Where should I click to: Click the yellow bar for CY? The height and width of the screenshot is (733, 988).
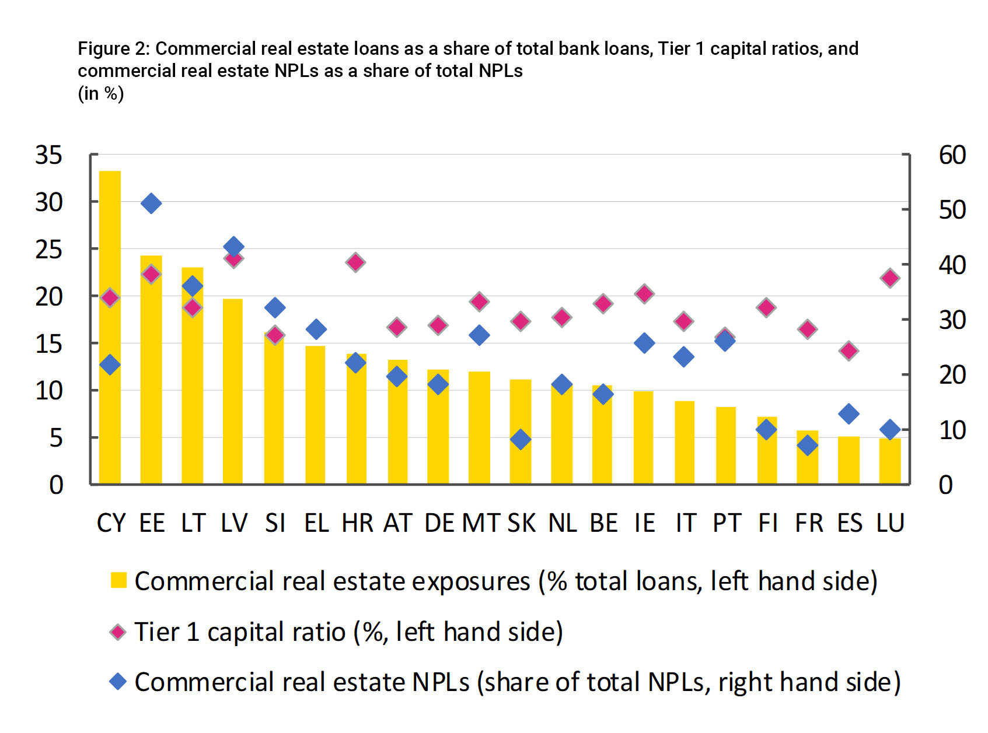110,327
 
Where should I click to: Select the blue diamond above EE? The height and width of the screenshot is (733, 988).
151,204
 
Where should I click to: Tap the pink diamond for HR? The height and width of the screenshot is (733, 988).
355,262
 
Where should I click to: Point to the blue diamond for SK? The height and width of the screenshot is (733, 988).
521,440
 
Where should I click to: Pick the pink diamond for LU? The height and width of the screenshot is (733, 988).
890,278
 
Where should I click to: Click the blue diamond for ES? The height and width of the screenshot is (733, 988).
849,414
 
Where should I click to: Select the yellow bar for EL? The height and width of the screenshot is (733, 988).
315,415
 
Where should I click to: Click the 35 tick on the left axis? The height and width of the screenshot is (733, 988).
49,155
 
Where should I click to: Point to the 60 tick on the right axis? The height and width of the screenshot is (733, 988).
952,155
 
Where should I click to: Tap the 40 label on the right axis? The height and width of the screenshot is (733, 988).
952,265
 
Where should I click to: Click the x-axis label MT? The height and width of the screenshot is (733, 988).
481,523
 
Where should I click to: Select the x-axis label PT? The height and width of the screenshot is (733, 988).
727,523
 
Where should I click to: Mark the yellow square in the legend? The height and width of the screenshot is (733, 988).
118,580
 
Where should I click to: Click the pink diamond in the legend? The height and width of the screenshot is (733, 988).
118,632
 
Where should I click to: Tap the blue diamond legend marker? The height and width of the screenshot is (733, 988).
118,682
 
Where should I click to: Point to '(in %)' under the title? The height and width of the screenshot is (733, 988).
101,93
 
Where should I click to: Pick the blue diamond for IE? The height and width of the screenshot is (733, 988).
644,343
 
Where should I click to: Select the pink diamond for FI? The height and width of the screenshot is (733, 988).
766,308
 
